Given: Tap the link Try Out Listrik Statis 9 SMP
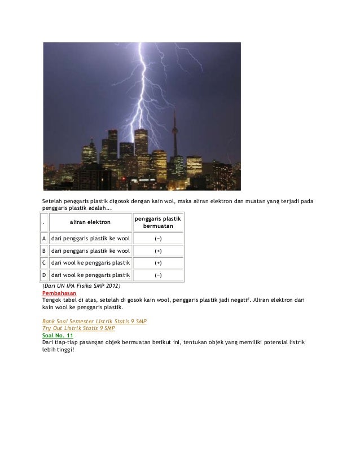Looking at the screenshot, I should click(x=78, y=328).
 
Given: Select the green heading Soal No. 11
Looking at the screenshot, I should click(x=58, y=335).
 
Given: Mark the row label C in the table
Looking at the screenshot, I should click(x=44, y=263).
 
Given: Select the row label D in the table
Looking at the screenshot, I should click(x=44, y=275).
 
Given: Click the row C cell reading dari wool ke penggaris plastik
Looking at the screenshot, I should click(x=90, y=263).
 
